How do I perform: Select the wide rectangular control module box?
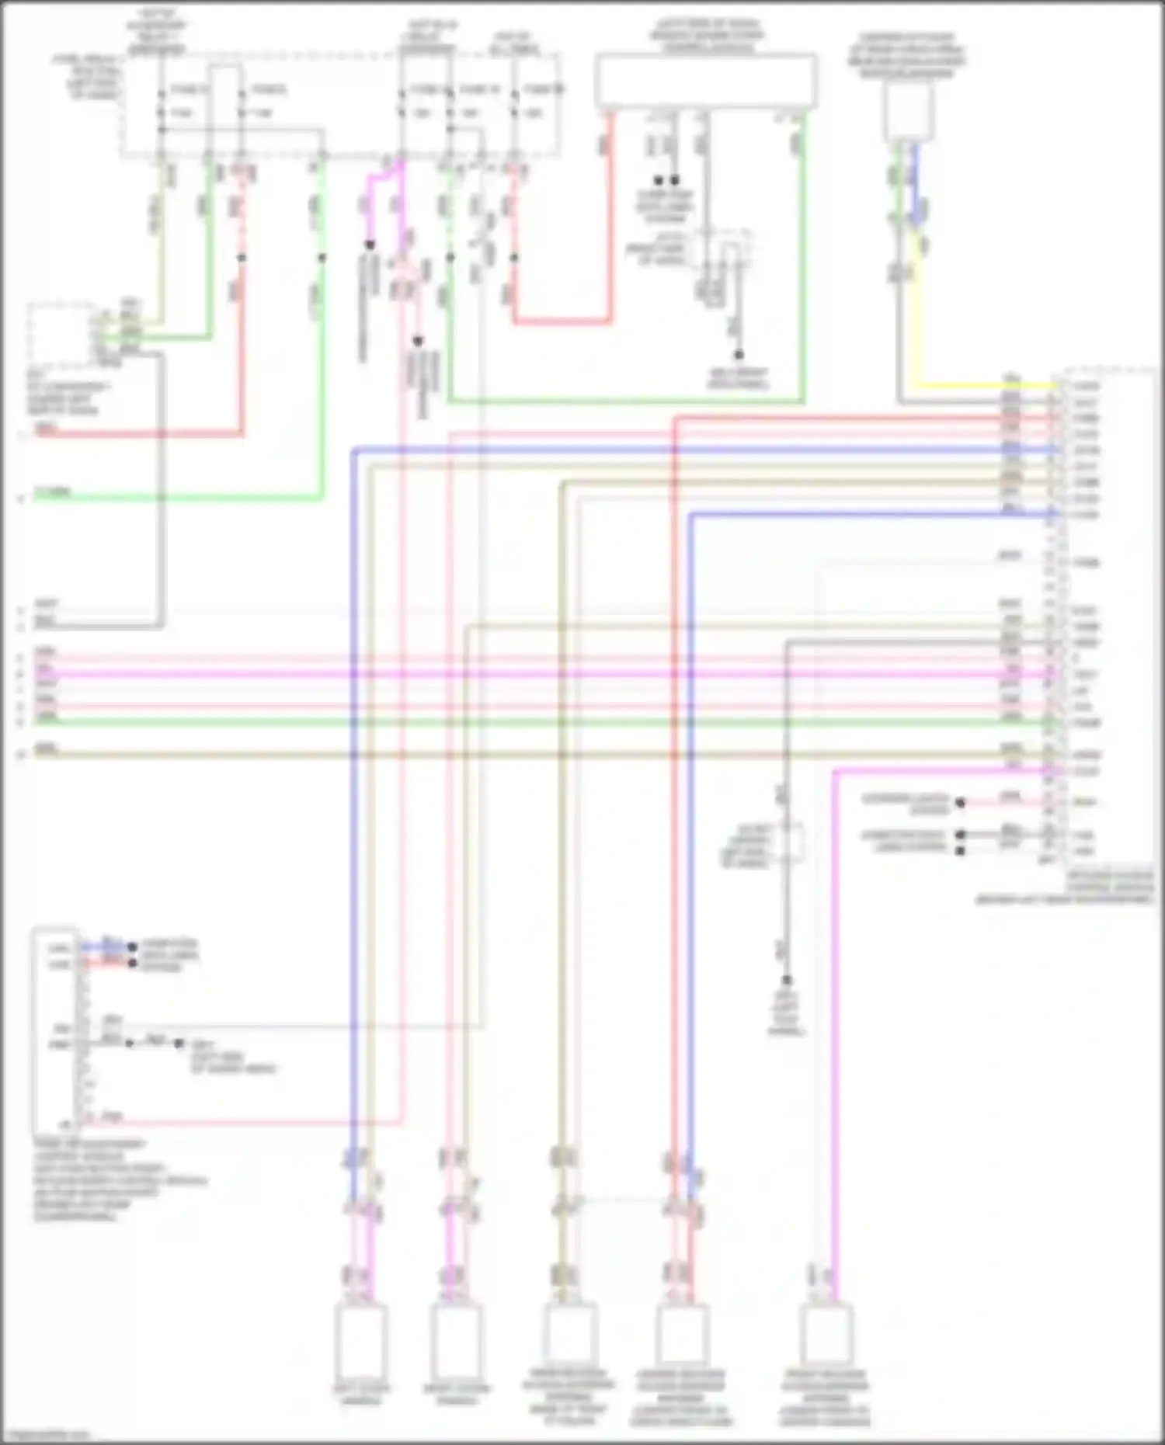pos(705,80)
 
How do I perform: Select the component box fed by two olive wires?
pos(569,1332)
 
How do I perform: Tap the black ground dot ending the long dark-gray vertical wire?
pos(787,981)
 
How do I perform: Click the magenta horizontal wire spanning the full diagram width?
pos(544,675)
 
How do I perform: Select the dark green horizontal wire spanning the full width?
pos(544,723)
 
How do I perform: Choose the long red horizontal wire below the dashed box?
pos(140,433)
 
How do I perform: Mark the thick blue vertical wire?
pos(353,776)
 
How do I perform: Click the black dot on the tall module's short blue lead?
pos(132,947)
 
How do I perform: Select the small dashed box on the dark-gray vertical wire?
pos(787,842)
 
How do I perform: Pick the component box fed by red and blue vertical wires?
pos(682,1332)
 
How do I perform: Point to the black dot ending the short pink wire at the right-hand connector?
pos(960,803)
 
